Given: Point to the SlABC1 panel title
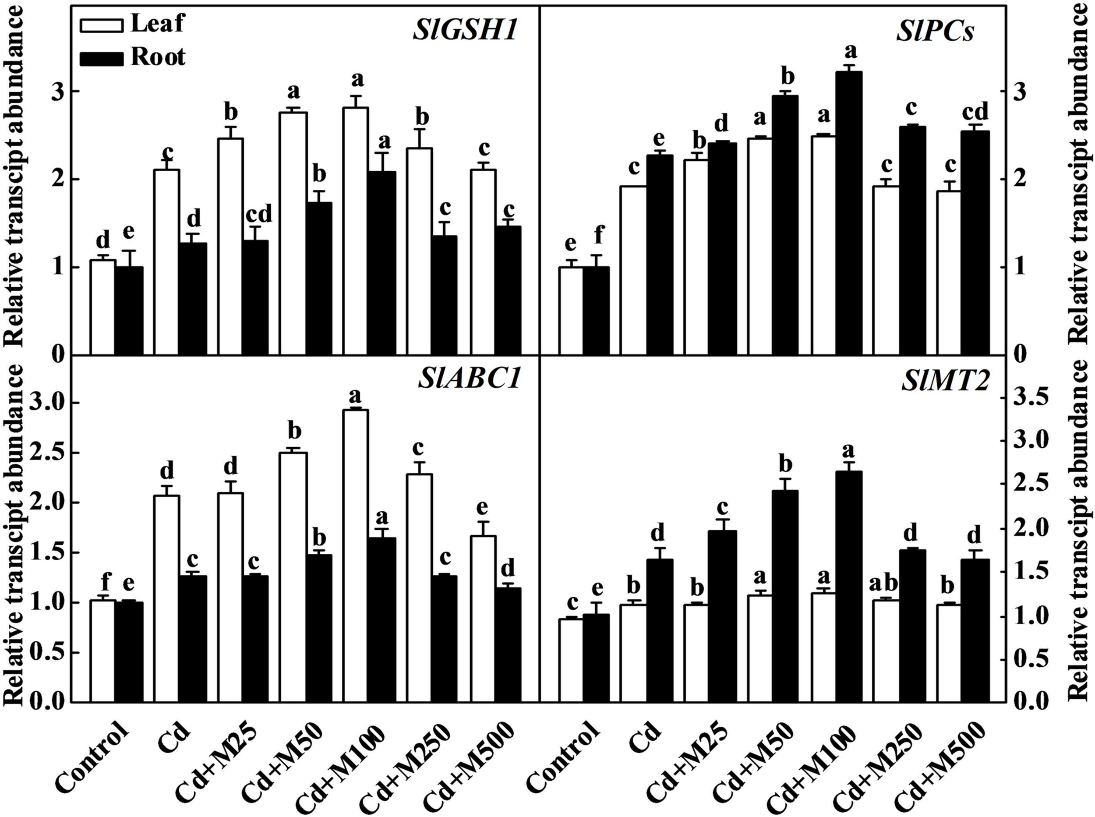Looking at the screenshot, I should coord(469,380).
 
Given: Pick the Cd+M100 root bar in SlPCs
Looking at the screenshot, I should coord(849,212).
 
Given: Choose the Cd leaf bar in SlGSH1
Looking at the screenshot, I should coord(166,262).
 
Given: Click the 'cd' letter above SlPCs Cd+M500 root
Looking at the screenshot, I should coord(975,112).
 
